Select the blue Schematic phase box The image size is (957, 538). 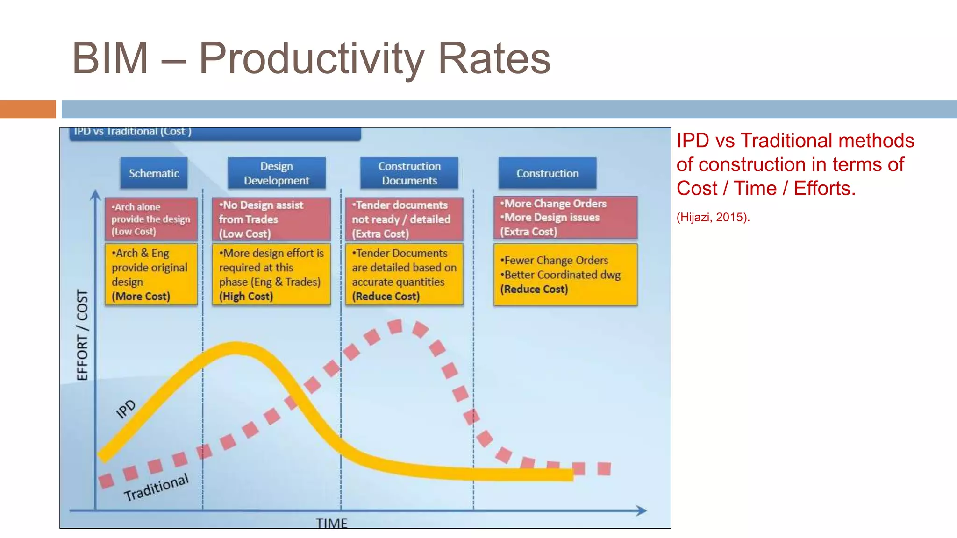[x=154, y=173]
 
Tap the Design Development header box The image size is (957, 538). [x=277, y=173]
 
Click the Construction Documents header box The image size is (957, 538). [x=409, y=173]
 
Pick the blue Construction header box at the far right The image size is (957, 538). [x=547, y=173]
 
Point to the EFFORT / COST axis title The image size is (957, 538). [x=82, y=335]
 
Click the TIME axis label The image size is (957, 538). [x=331, y=523]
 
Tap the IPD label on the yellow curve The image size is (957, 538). [x=126, y=409]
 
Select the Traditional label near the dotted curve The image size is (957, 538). [x=156, y=487]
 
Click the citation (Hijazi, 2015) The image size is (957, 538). [x=713, y=217]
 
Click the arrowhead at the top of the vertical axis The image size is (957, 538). [x=95, y=194]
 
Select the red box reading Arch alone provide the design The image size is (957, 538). [x=151, y=219]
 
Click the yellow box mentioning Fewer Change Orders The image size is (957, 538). [x=565, y=275]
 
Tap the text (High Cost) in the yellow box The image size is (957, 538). [x=246, y=297]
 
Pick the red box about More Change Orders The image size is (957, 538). [x=565, y=218]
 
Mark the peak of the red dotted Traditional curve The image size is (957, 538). [x=395, y=326]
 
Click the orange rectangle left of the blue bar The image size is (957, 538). [x=28, y=109]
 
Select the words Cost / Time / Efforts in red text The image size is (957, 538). [x=766, y=189]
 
